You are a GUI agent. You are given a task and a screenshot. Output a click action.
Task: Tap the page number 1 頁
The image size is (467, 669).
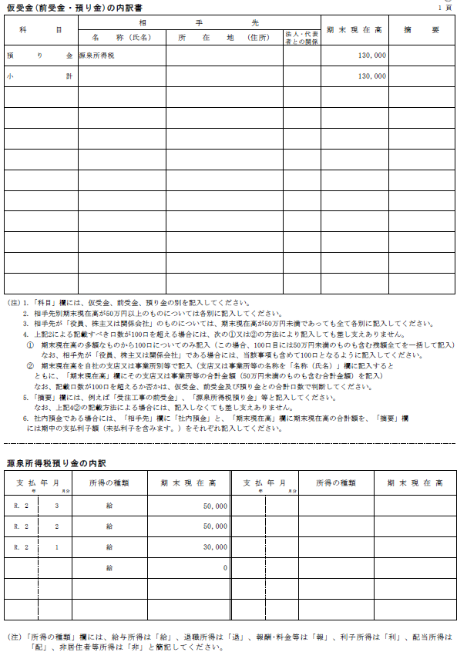[445, 7]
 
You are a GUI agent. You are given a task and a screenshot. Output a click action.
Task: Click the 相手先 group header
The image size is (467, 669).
[200, 24]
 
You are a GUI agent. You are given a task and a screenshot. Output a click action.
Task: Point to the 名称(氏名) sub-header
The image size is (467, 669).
[122, 37]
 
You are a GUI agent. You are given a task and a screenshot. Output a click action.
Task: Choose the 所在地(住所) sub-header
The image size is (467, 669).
[223, 37]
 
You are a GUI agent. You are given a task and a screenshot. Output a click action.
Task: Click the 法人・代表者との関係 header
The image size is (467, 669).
[301, 37]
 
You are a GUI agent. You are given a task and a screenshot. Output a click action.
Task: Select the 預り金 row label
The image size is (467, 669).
[39, 56]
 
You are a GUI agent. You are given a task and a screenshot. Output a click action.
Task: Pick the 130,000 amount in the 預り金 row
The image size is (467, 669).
[372, 56]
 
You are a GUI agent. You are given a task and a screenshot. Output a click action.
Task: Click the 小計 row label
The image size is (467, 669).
[39, 77]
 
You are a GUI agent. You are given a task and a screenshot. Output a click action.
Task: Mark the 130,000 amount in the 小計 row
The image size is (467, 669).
[372, 77]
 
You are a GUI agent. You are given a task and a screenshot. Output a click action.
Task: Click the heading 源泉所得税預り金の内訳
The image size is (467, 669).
[57, 463]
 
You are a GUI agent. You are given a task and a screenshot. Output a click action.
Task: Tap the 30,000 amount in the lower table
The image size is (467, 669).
[214, 547]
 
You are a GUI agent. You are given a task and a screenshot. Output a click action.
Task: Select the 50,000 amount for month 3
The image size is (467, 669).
[214, 506]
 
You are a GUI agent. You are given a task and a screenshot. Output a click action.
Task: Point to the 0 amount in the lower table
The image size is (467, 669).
[224, 568]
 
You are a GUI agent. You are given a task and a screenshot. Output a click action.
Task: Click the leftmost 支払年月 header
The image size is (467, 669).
[39, 482]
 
